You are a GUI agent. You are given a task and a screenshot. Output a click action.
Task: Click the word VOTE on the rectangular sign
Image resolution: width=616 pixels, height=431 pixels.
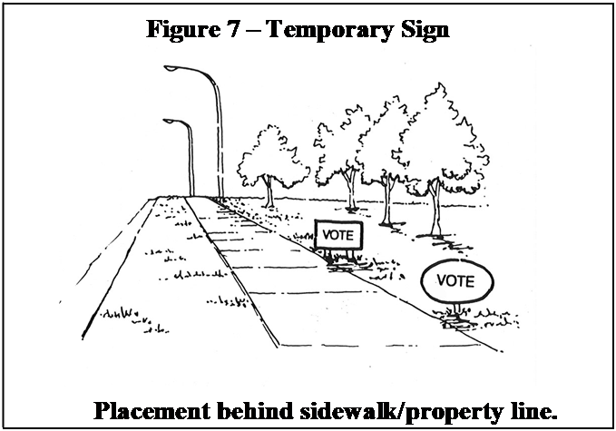pos(337,235)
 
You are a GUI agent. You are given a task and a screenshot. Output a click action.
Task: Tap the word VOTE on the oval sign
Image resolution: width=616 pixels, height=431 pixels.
pos(455,281)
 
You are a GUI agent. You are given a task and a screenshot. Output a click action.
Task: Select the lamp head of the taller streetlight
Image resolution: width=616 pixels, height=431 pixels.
pos(171,68)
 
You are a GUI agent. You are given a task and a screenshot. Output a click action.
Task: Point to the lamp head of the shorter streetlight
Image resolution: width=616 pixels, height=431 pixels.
pos(169,121)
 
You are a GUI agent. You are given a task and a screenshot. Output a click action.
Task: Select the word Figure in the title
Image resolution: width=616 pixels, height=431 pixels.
pos(183,30)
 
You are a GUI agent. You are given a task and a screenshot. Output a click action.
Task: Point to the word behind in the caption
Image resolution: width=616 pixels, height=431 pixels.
pos(255,411)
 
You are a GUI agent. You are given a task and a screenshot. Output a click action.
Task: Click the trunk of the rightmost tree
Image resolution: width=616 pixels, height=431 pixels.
pos(435,208)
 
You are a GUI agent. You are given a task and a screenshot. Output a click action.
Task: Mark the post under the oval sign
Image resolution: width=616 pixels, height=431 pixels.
pos(456,309)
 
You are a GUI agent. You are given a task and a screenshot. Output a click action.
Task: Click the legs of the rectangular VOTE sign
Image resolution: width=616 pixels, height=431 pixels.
pos(340,256)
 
